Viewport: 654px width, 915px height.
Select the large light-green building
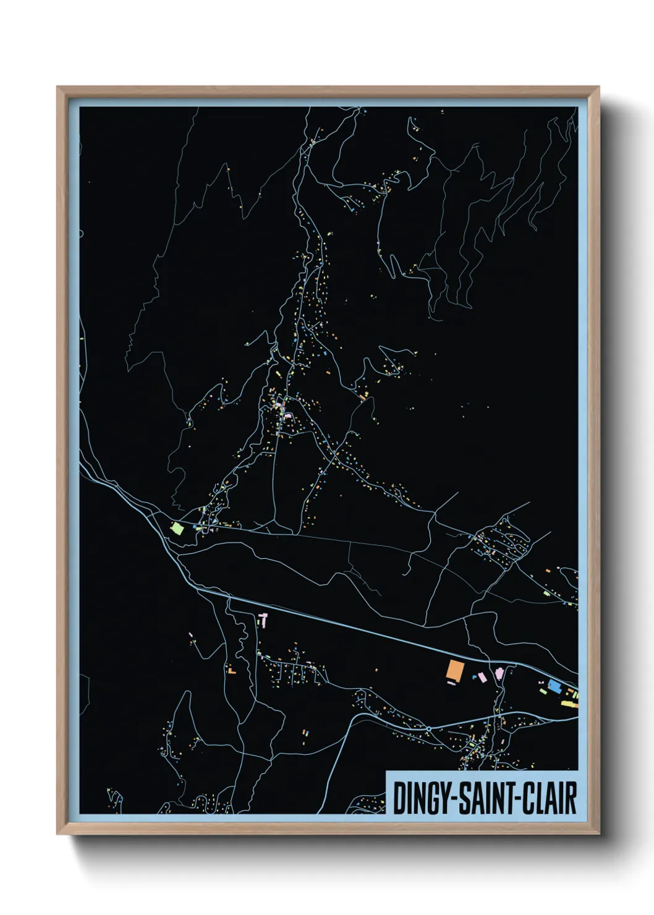tap(177, 528)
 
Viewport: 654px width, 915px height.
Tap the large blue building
tap(553, 686)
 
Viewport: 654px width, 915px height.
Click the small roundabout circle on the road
tap(428, 730)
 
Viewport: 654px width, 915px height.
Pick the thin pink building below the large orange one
tap(451, 684)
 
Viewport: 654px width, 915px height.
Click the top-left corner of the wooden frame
tap(57, 87)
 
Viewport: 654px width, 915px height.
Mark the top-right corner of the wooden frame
tap(598, 87)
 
